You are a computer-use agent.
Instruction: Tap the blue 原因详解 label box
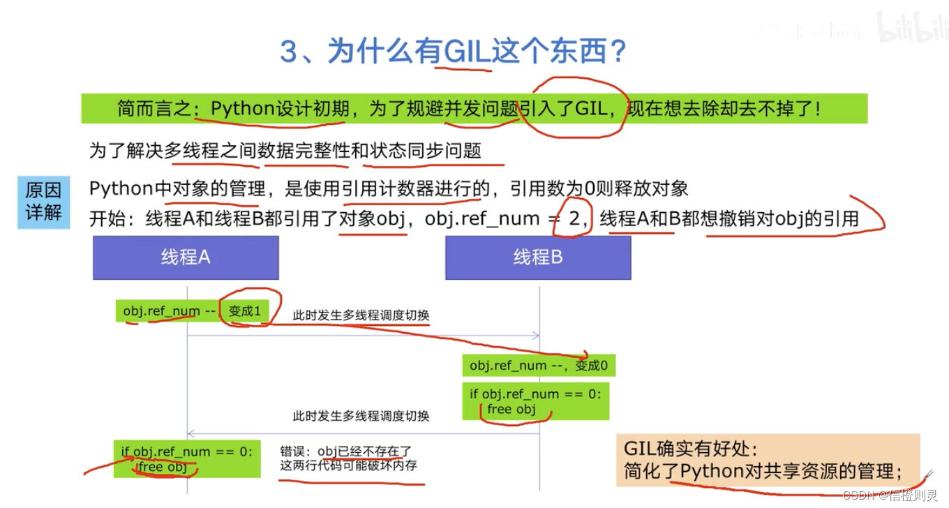(x=43, y=202)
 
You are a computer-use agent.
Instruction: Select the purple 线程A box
(x=186, y=257)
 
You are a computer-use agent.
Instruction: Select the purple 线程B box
(x=538, y=257)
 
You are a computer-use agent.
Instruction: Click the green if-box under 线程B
(x=535, y=401)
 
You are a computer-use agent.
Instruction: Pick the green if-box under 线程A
(x=187, y=458)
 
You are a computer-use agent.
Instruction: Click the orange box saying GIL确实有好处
(x=768, y=460)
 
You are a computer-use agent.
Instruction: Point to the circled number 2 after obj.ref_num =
(x=574, y=218)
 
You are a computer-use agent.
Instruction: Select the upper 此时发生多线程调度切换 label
(x=361, y=315)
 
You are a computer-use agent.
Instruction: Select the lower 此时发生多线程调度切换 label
(x=361, y=416)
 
